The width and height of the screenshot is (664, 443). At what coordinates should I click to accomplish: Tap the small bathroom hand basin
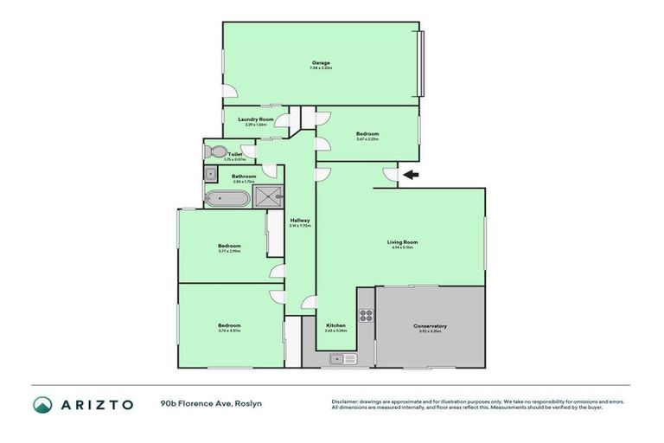coord(210,174)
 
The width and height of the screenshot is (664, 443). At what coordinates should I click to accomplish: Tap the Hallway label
coord(300,221)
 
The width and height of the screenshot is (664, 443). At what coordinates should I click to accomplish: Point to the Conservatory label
coord(430,325)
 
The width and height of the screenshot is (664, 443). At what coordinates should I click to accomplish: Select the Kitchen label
coord(335,325)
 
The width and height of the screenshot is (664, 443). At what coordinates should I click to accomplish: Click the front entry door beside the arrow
coord(389,177)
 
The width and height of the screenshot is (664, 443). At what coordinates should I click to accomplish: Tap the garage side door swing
coord(229,91)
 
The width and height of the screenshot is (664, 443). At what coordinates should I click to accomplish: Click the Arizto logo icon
coord(42,404)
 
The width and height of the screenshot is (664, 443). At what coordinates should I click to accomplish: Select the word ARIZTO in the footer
coord(97,404)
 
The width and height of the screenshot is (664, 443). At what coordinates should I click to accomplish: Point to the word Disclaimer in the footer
coord(348,401)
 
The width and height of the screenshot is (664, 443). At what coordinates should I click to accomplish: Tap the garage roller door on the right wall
coord(422,64)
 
